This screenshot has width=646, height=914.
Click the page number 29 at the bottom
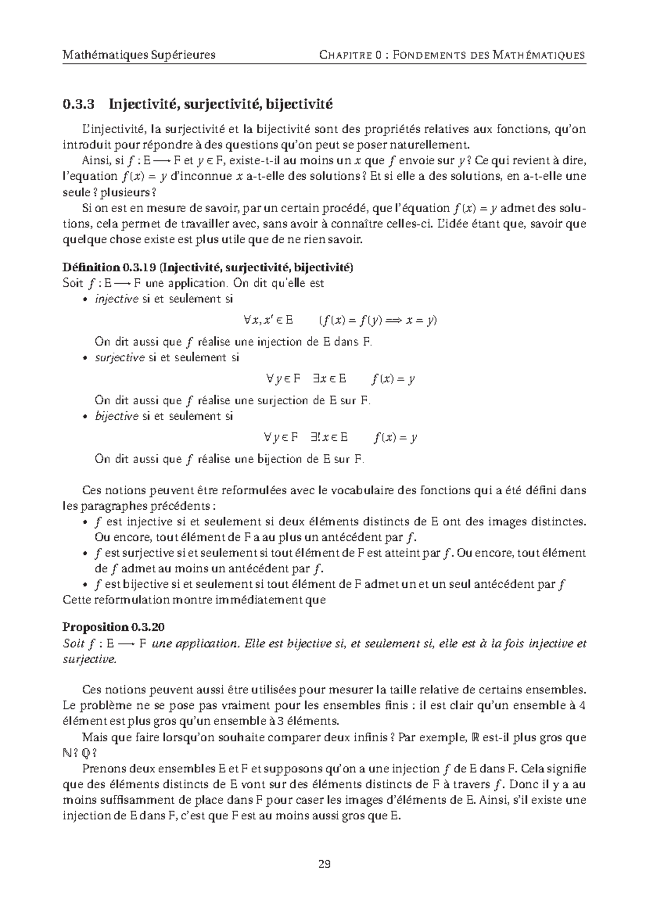tap(324, 864)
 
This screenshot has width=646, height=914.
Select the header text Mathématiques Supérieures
tap(139, 55)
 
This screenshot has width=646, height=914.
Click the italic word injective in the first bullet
tap(116, 299)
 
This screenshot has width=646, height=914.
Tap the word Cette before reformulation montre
tap(78, 600)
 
